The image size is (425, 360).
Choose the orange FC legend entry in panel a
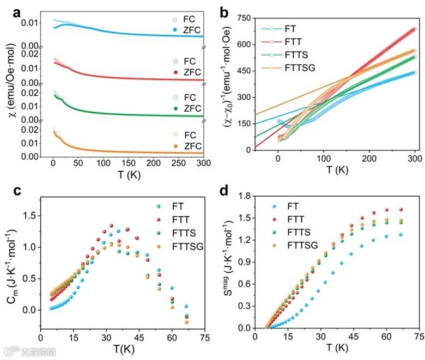[190, 134]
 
